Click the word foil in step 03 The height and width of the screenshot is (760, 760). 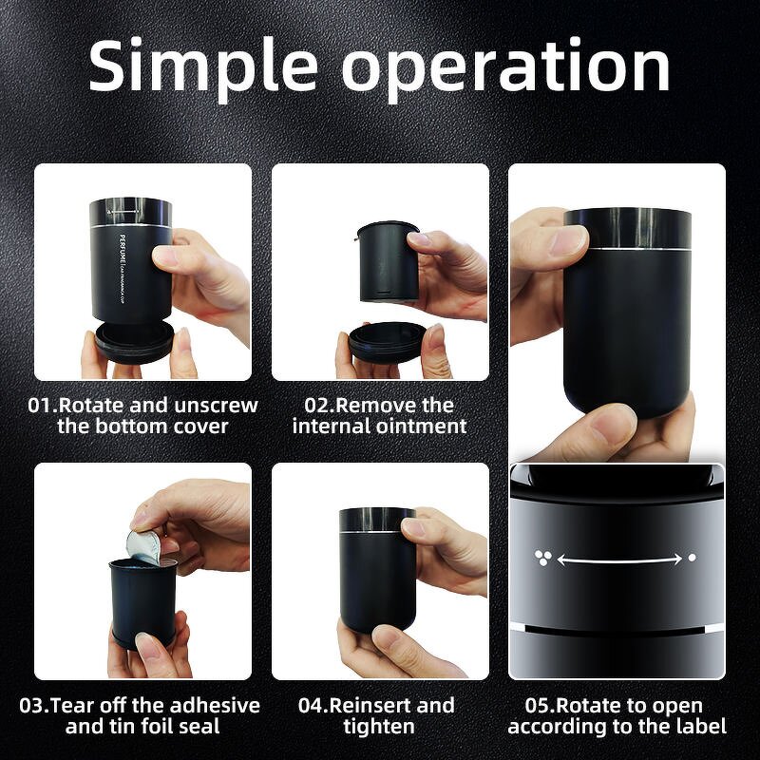click(181, 727)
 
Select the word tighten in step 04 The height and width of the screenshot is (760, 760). click(379, 727)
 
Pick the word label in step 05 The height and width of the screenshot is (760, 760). click(700, 727)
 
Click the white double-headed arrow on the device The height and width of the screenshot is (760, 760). click(618, 560)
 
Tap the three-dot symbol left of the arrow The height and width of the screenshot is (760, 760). click(541, 559)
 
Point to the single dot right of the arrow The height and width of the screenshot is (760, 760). click(692, 559)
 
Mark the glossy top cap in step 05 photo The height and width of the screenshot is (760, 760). click(627, 228)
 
